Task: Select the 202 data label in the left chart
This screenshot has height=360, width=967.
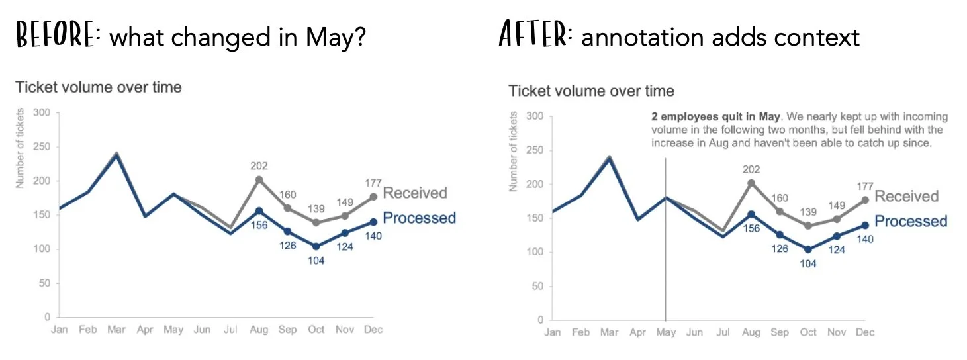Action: coord(259,166)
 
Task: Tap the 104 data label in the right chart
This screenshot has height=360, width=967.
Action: coord(808,263)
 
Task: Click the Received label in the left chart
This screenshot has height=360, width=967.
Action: coord(415,193)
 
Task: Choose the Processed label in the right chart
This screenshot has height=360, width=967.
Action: coord(911,221)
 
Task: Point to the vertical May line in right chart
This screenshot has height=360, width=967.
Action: coord(665,265)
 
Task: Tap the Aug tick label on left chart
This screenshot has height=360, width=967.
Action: coord(259,330)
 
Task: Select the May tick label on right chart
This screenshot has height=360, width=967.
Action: coord(666,332)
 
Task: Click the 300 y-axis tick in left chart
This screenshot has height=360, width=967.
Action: coord(42,112)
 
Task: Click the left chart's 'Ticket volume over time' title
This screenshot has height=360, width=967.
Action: coord(98,87)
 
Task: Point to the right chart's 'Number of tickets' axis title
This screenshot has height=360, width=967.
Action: coord(513,152)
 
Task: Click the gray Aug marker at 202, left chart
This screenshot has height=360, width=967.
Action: coord(259,179)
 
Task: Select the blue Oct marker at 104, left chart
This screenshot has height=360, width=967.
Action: coord(316,246)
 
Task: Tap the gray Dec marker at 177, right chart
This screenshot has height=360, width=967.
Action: coord(864,200)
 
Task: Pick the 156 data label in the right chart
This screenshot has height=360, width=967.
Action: coord(751,228)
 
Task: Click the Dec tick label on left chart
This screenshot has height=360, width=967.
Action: coord(373,330)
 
